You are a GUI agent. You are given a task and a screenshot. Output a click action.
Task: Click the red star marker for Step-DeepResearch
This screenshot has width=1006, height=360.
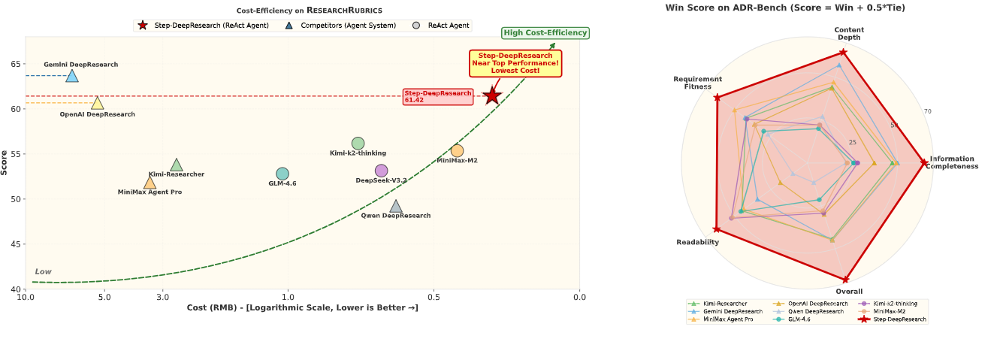tap(492, 95)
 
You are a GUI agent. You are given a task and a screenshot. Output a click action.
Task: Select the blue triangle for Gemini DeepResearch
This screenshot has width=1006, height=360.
tap(72, 75)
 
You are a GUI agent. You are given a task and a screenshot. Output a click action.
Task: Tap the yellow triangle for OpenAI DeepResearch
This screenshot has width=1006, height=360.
tap(98, 103)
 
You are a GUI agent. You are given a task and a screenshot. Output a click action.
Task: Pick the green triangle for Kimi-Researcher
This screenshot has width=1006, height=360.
tap(177, 165)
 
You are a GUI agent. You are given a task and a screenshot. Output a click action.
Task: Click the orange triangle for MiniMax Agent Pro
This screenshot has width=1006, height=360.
tap(150, 183)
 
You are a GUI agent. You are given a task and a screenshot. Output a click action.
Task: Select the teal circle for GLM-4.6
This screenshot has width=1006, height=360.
tap(282, 174)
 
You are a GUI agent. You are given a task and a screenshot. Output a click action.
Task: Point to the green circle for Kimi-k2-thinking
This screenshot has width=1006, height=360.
tap(358, 144)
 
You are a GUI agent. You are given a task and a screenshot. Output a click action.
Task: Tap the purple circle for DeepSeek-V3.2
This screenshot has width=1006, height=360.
tap(382, 171)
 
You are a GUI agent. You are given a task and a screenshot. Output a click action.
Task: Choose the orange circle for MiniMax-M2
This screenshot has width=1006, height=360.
tap(457, 151)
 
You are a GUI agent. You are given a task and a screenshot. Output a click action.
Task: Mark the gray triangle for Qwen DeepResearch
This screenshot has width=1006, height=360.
tap(396, 207)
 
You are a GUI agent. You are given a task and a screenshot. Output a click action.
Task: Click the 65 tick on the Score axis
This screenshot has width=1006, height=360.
tap(15, 64)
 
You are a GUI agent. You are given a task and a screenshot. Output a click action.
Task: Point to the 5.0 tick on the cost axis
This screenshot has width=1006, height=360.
tap(104, 298)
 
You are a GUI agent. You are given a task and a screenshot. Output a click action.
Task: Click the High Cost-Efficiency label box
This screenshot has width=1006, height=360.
tap(546, 32)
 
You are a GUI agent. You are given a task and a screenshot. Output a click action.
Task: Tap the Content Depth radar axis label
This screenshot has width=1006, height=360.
tap(849, 34)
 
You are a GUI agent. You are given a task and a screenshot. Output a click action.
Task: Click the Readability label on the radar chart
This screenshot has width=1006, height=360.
tap(697, 242)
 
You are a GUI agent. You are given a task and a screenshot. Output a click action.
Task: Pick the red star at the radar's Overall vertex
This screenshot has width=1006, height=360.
tap(847, 279)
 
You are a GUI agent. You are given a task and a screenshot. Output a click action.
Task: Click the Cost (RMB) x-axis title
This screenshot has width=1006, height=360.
tap(302, 308)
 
